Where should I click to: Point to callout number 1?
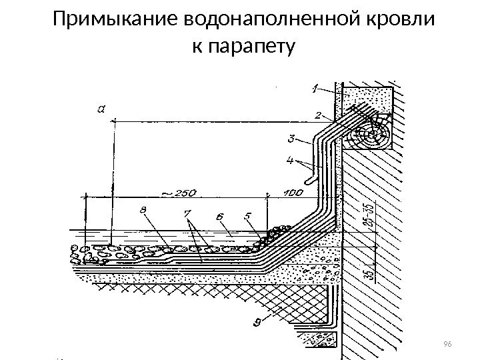coord(315,87)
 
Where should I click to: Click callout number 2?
coord(319,115)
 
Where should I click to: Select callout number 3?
coord(291,139)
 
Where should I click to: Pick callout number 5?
coord(247,216)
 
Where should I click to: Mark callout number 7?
coord(187,214)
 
